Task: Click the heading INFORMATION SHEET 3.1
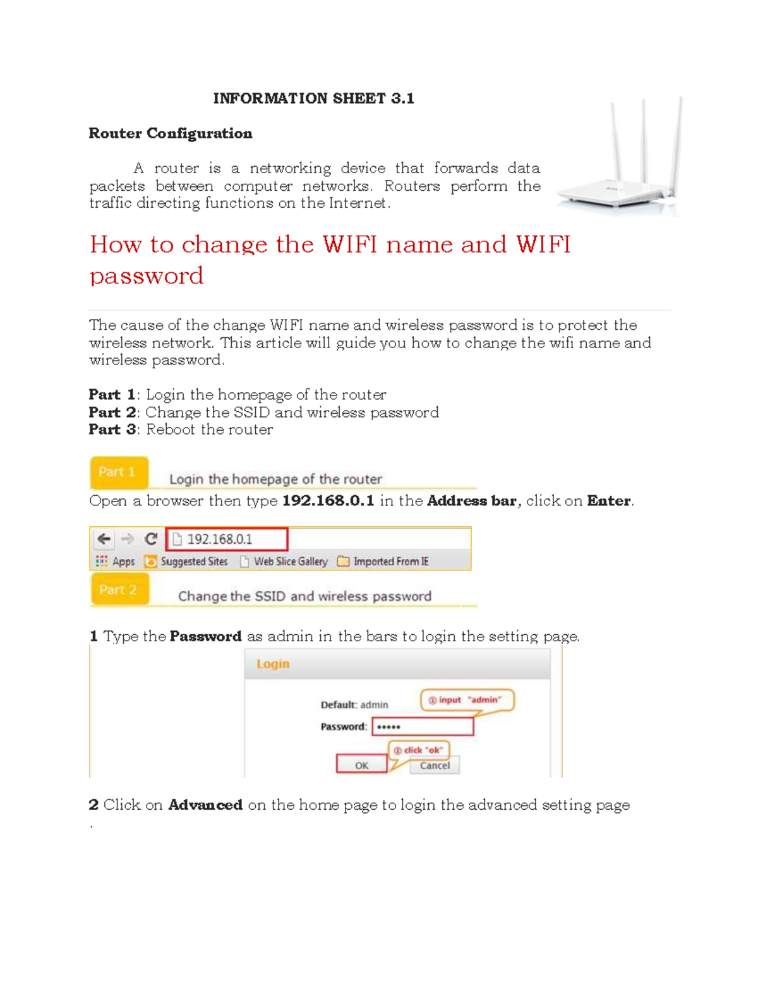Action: coord(313,98)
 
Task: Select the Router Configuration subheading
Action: coord(171,133)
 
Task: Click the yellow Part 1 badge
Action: coord(118,472)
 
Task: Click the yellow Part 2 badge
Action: coord(119,589)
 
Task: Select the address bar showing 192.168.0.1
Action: coord(227,539)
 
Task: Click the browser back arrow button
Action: coord(104,539)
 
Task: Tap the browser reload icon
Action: coord(150,539)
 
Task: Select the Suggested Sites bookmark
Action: coord(186,562)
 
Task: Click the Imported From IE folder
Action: coord(383,562)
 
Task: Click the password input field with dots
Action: coord(423,726)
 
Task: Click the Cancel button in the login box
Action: coord(435,765)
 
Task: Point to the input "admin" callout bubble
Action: coord(467,700)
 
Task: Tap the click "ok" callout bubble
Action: coord(418,750)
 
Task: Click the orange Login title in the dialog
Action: coord(273,664)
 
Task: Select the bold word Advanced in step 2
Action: coord(205,805)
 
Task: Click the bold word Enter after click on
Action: coord(608,501)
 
